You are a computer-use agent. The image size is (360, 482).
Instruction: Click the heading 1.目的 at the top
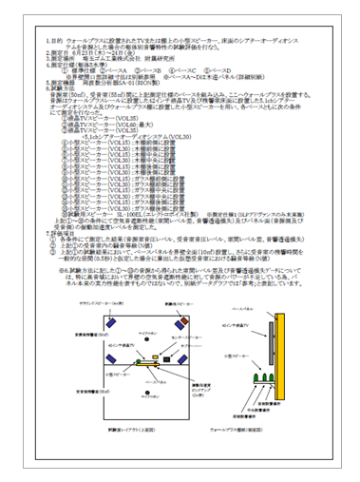click(x=54, y=43)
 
